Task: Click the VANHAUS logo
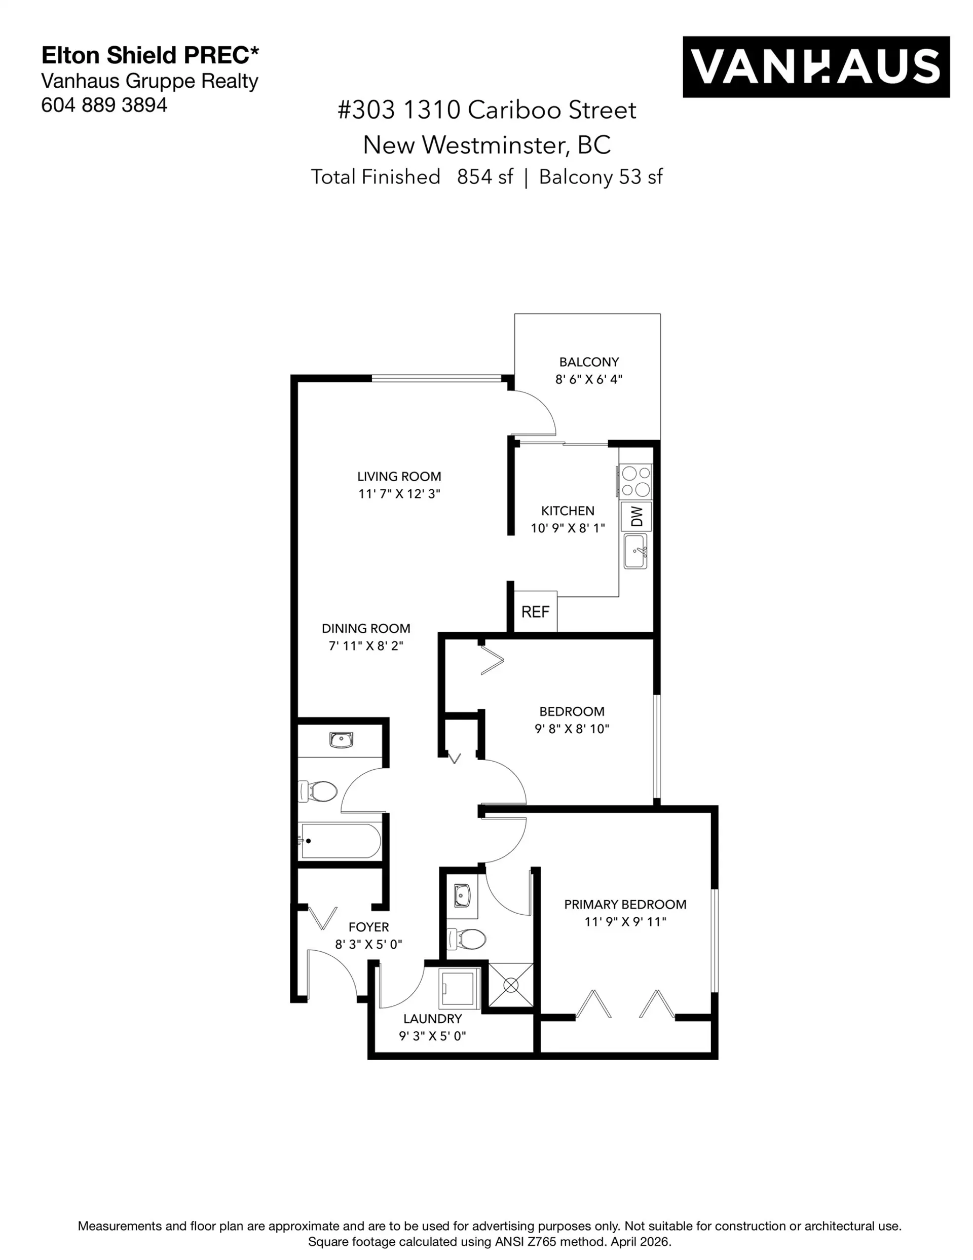815,67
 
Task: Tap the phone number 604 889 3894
104,105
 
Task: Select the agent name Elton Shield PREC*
150,55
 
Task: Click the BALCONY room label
588,362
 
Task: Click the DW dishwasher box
636,516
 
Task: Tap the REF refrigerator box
535,612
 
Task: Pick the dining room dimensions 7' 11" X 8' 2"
366,646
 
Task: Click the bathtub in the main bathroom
340,841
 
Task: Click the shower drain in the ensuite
511,985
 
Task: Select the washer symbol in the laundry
460,988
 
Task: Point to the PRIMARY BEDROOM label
625,905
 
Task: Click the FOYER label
368,927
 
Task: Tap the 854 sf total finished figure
484,176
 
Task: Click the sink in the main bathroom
341,740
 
